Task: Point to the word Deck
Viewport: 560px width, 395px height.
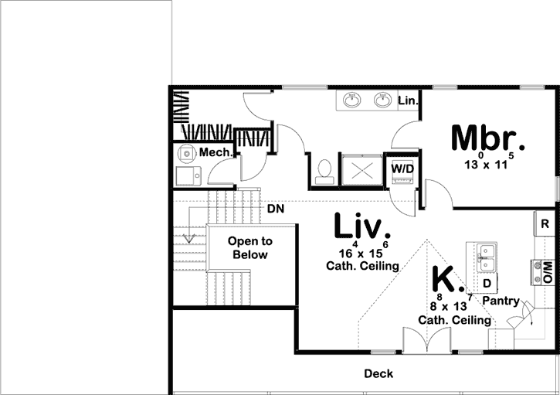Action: pyautogui.click(x=378, y=374)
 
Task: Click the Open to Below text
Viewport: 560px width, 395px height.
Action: pyautogui.click(x=249, y=248)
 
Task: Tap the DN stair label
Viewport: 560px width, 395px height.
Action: pyautogui.click(x=277, y=209)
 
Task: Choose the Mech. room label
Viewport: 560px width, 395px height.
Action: pyautogui.click(x=216, y=153)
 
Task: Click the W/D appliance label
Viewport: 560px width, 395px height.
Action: pyautogui.click(x=402, y=168)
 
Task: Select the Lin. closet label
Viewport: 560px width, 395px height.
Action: pyautogui.click(x=407, y=101)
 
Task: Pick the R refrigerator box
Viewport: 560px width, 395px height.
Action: pyautogui.click(x=545, y=224)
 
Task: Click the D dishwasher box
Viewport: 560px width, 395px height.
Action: pyautogui.click(x=488, y=283)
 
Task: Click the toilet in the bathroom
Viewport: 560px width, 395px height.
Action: pyautogui.click(x=325, y=169)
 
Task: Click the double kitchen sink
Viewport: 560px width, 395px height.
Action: pyautogui.click(x=486, y=257)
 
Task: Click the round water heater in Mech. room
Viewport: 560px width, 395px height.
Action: pyautogui.click(x=185, y=153)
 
